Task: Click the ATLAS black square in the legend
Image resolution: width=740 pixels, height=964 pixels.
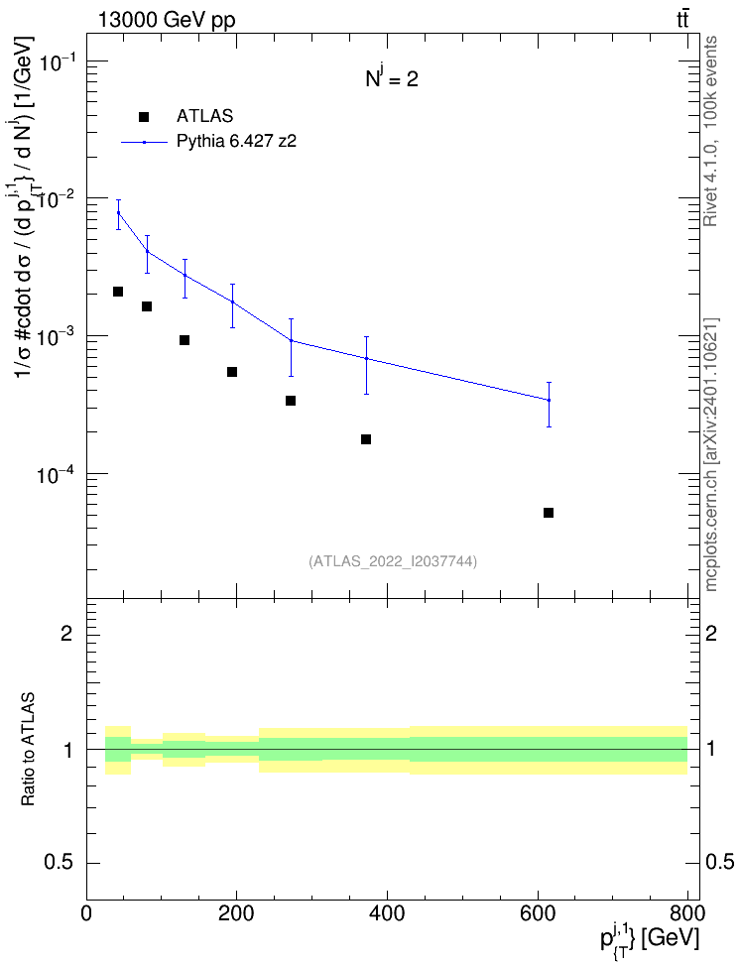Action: pyautogui.click(x=144, y=117)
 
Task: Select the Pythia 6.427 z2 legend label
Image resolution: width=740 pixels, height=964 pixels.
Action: pyautogui.click(x=237, y=142)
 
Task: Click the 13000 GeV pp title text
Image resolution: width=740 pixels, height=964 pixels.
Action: pyautogui.click(x=166, y=20)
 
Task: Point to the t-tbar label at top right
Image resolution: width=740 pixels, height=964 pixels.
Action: pyautogui.click(x=682, y=20)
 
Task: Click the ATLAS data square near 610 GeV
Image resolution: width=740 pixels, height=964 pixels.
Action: pyautogui.click(x=549, y=513)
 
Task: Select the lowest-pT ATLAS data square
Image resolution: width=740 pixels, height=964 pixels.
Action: pyautogui.click(x=118, y=292)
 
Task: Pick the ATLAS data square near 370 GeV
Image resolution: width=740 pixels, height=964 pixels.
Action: pyautogui.click(x=366, y=439)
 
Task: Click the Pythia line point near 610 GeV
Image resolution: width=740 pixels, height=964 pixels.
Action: pyautogui.click(x=549, y=401)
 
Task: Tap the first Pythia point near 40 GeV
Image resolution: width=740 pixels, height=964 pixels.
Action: pyautogui.click(x=119, y=212)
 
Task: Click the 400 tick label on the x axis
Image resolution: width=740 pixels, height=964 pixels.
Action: pyautogui.click(x=387, y=913)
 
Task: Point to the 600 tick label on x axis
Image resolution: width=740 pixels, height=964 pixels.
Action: pyautogui.click(x=538, y=913)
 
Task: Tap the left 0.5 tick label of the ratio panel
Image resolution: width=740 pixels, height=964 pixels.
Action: pyautogui.click(x=59, y=862)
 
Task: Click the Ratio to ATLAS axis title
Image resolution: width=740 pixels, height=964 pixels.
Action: pyautogui.click(x=28, y=750)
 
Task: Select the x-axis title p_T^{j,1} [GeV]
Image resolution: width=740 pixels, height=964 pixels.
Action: pyautogui.click(x=650, y=937)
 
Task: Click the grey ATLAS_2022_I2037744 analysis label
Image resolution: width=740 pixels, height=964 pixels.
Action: pyautogui.click(x=393, y=560)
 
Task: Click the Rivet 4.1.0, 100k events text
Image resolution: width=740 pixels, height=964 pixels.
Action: pyautogui.click(x=710, y=131)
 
